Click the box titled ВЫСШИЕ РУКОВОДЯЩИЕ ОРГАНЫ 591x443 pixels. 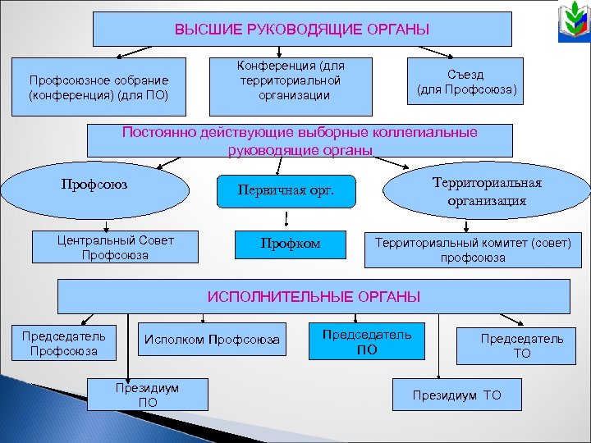pos(301,30)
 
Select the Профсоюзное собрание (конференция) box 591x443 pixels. pos(98,87)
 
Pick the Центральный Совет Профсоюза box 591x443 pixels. pos(116,248)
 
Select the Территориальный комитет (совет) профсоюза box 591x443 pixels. pos(473,250)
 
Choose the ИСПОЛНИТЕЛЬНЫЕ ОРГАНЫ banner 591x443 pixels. pos(313,296)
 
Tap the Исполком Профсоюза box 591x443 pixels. pos(212,340)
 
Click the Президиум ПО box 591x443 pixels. pos(149,394)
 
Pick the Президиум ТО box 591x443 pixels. pos(457,395)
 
